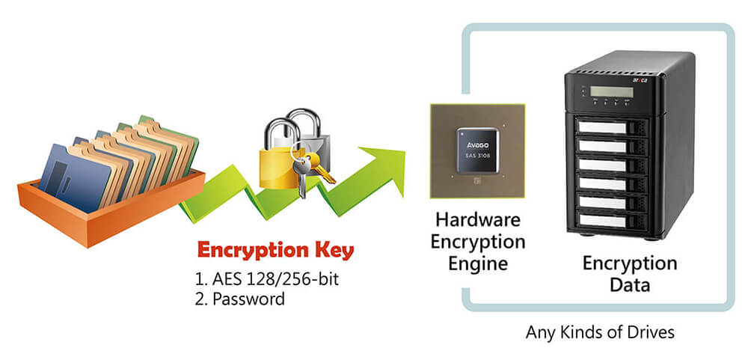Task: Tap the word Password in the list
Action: (248, 299)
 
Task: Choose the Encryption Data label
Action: (629, 274)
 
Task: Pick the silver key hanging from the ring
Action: (301, 180)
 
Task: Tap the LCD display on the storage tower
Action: (611, 92)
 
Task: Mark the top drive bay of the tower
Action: (610, 128)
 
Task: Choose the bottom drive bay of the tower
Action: (610, 221)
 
